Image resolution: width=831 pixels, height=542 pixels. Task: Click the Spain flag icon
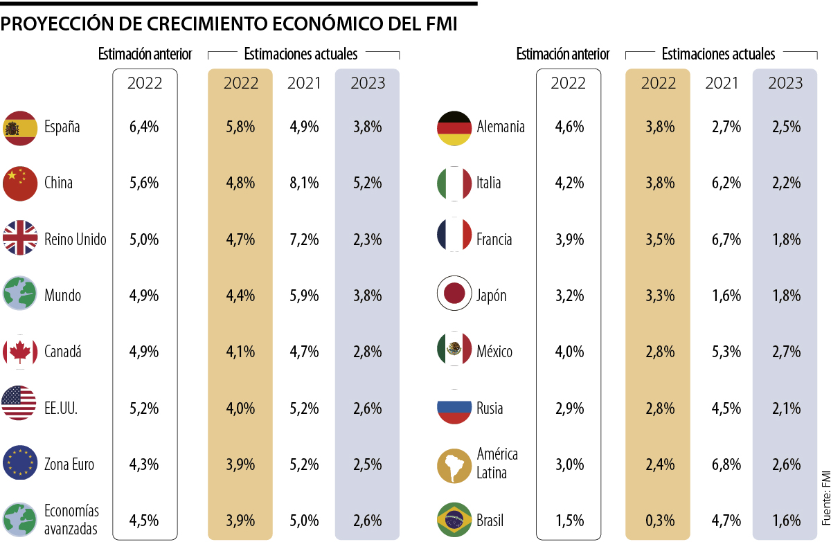click(x=19, y=127)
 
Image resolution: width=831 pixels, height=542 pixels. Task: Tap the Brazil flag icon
click(x=454, y=520)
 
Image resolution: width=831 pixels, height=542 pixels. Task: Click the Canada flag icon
click(x=19, y=352)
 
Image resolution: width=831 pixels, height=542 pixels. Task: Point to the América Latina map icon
click(x=454, y=464)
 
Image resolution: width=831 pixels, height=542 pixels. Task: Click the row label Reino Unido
click(x=75, y=240)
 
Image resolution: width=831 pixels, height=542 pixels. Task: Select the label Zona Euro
click(x=69, y=464)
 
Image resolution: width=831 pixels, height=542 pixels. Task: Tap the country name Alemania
click(x=501, y=127)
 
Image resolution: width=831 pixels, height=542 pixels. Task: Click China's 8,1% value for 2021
click(x=304, y=183)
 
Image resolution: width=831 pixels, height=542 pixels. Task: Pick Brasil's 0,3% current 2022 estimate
click(x=658, y=520)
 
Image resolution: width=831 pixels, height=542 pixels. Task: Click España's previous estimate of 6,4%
click(x=144, y=127)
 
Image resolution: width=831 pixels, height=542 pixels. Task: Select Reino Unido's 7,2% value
click(x=304, y=240)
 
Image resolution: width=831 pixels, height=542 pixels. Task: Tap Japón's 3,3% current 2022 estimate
click(x=658, y=296)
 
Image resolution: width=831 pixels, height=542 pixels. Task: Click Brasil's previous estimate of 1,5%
click(x=569, y=520)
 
